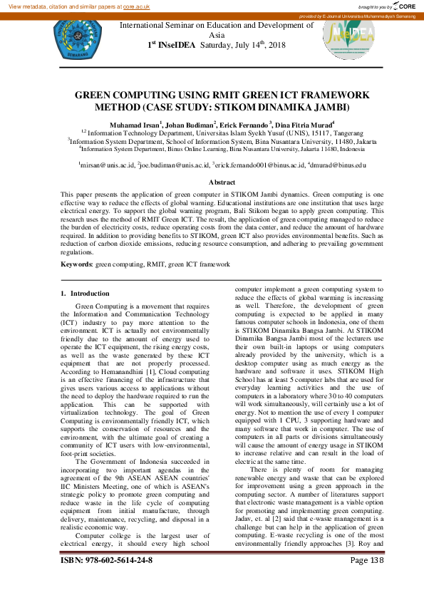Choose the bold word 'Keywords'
[x=76, y=264]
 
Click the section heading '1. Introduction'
[x=85, y=293]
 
